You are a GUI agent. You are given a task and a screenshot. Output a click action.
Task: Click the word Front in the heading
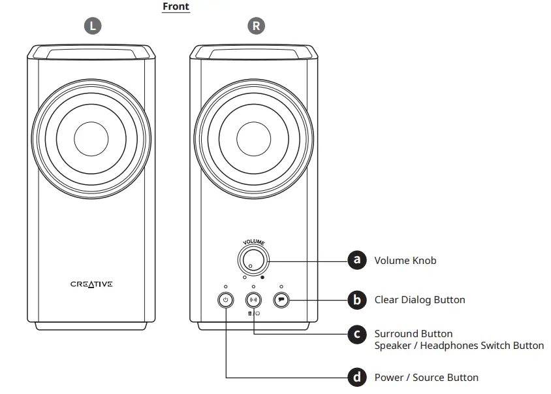pos(176,7)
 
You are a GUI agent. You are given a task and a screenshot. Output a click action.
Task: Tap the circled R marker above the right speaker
pos(256,26)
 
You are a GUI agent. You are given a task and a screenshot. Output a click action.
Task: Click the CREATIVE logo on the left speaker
pos(91,284)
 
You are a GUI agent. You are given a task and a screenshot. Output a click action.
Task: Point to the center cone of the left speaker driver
pos(91,138)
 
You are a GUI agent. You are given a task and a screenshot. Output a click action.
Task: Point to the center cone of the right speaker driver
pos(254,138)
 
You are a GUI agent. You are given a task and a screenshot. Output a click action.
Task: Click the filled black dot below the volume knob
pos(262,277)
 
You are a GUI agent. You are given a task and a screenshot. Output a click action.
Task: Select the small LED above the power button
pos(225,287)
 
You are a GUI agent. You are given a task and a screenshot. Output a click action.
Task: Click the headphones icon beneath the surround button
pos(258,314)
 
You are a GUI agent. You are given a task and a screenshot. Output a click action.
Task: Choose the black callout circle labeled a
pos(356,260)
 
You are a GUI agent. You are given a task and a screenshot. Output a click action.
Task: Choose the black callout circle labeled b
pos(356,300)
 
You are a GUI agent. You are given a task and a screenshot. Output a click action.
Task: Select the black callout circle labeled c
pos(356,334)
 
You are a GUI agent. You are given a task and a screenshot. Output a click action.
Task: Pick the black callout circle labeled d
pos(356,377)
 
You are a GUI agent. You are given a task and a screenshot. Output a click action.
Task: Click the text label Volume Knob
pos(405,261)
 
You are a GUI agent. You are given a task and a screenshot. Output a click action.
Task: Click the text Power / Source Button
pos(426,378)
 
